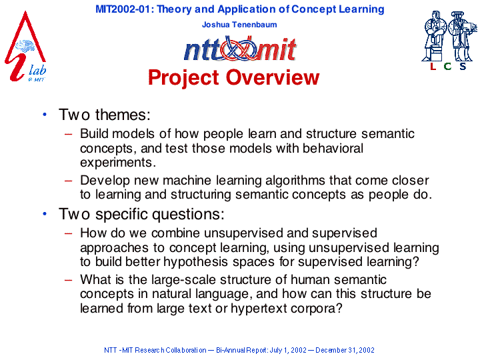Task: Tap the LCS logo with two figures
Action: click(449, 41)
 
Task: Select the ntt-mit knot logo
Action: click(240, 49)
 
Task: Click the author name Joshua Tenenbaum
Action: click(239, 25)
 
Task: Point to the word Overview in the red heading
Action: click(273, 77)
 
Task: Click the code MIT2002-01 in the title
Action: click(123, 9)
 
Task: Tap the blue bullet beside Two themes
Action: click(45, 115)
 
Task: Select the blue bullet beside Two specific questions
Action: click(45, 214)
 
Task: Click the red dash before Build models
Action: click(68, 134)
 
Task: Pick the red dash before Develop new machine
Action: click(68, 181)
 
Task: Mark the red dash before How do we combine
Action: click(68, 233)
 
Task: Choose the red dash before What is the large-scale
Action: click(68, 280)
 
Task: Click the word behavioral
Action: click(333, 148)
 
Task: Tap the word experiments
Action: click(118, 163)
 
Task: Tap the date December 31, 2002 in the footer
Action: click(345, 350)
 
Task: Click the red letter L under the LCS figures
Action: click(433, 66)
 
